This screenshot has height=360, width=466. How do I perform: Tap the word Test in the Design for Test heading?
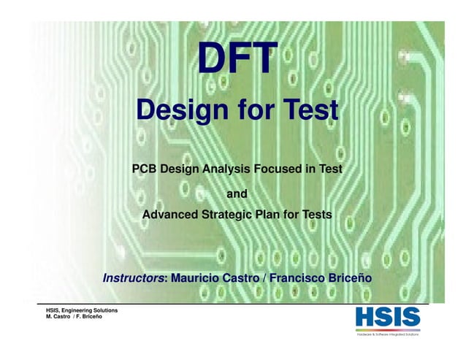click(x=306, y=112)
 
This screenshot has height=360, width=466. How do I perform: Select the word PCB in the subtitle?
click(x=145, y=169)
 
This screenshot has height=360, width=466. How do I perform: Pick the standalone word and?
click(x=237, y=194)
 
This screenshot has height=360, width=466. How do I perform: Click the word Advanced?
click(x=169, y=215)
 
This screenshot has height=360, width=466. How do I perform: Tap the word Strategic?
click(x=226, y=215)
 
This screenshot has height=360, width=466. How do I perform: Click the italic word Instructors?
click(x=134, y=279)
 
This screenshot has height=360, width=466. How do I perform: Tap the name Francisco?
click(x=300, y=279)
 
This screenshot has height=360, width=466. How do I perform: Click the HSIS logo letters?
click(x=388, y=318)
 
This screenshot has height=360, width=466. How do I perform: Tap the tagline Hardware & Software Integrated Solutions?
click(x=387, y=334)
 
